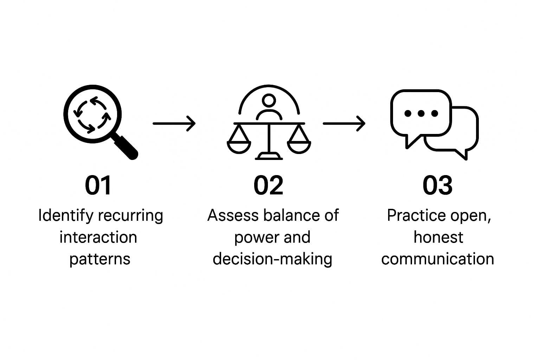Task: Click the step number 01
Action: coord(98,185)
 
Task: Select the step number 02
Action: coord(268,185)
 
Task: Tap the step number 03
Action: coord(437,185)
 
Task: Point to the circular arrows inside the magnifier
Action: coord(92,115)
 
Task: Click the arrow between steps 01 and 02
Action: coord(174,123)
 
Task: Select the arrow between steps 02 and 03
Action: coord(344,123)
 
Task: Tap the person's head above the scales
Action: coord(269,101)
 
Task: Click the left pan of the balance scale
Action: coord(239,146)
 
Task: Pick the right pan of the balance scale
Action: coord(299,146)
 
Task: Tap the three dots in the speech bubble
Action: coord(421,113)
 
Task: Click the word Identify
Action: coord(66,216)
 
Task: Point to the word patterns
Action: coord(100,259)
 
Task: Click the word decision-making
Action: coord(272,259)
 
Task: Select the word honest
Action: coord(438,237)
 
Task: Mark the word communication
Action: coord(438,259)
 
